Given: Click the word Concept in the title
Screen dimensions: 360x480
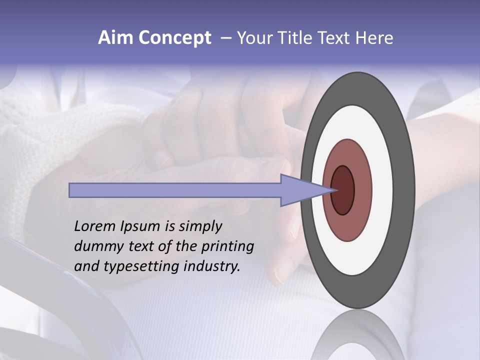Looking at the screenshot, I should tap(174, 38).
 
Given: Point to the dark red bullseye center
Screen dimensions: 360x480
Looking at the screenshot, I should tap(343, 190).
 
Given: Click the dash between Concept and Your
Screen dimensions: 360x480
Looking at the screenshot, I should tap(226, 38).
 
